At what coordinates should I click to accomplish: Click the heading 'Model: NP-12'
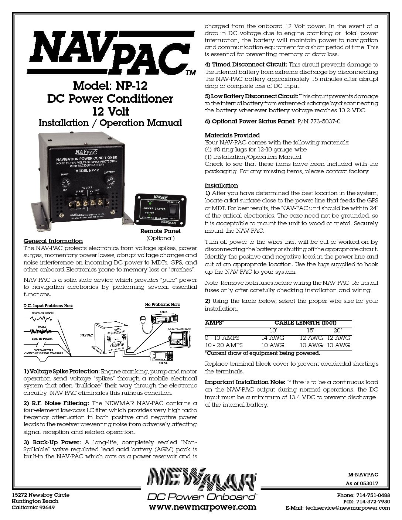pyautogui.click(x=110, y=86)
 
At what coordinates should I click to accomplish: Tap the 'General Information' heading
pyautogui.click(x=53, y=241)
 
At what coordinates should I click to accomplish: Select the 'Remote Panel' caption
pyautogui.click(x=160, y=231)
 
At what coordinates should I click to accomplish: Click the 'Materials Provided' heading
pyautogui.click(x=232, y=135)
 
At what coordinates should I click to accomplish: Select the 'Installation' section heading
pyautogui.click(x=221, y=185)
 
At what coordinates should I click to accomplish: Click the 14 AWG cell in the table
pyautogui.click(x=273, y=338)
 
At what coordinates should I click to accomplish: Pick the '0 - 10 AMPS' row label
pyautogui.click(x=222, y=338)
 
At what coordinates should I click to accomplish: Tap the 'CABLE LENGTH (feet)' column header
pyautogui.click(x=305, y=322)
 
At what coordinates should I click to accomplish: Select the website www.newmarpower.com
pyautogui.click(x=202, y=507)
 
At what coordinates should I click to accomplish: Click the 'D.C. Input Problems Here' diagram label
pyautogui.click(x=48, y=305)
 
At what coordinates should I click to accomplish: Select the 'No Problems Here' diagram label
pyautogui.click(x=163, y=304)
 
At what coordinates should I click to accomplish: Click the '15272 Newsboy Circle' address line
pyautogui.click(x=41, y=495)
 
